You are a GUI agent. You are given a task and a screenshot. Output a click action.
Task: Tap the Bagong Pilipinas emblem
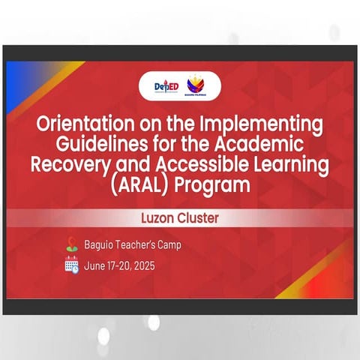coord(196,85)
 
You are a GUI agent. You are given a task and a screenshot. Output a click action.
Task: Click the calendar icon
coord(71,264)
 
